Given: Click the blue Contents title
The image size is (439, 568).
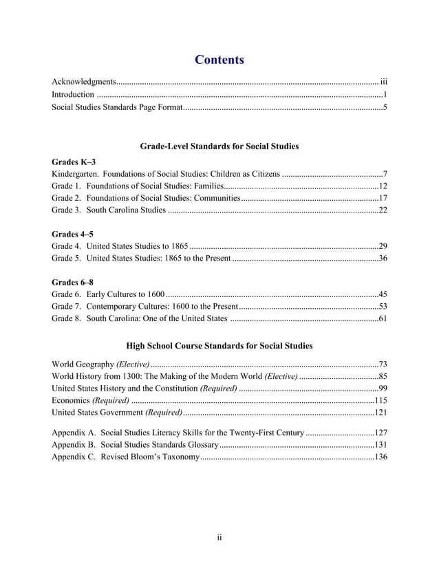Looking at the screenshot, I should pyautogui.click(x=219, y=60).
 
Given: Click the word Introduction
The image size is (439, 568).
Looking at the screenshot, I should pyautogui.click(x=73, y=94).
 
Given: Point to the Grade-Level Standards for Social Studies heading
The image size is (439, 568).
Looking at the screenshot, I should pyautogui.click(x=219, y=146).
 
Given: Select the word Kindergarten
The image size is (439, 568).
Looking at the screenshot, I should pyautogui.click(x=77, y=173).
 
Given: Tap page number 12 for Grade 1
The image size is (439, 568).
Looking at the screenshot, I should pyautogui.click(x=383, y=186).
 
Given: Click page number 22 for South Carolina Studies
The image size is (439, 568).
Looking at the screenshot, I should pyautogui.click(x=383, y=210).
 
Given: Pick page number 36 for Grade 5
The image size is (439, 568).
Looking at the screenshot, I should pyautogui.click(x=383, y=259).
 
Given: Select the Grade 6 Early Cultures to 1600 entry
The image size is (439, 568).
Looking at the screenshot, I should pyautogui.click(x=108, y=294).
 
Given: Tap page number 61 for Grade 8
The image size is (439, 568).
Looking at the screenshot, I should pyautogui.click(x=383, y=318).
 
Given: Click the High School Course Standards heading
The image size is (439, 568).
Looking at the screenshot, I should pyautogui.click(x=219, y=345).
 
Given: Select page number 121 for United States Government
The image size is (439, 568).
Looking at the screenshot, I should pyautogui.click(x=381, y=412).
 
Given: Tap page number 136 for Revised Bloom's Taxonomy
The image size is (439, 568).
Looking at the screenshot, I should pyautogui.click(x=381, y=457).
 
